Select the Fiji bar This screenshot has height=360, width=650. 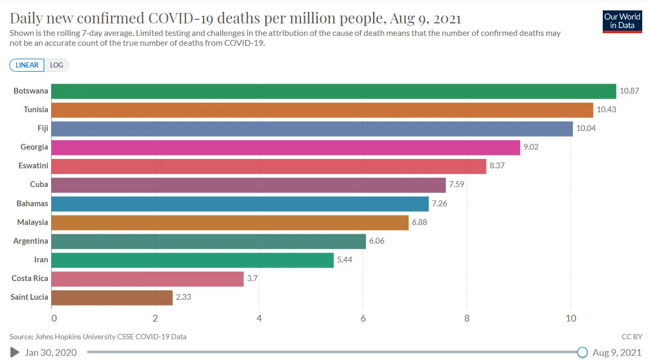pyautogui.click(x=312, y=129)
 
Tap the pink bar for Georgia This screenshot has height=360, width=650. pyautogui.click(x=286, y=148)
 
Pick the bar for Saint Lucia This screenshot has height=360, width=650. pyautogui.click(x=112, y=298)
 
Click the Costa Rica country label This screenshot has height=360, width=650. pyautogui.click(x=30, y=278)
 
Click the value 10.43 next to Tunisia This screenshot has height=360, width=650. pyautogui.click(x=606, y=110)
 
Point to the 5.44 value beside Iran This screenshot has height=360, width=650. pyautogui.click(x=344, y=260)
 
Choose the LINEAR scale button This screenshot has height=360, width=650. pyautogui.click(x=27, y=65)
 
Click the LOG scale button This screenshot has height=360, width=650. pyautogui.click(x=57, y=65)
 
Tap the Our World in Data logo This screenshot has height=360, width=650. pyautogui.click(x=622, y=21)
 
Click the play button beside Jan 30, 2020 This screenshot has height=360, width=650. pyautogui.click(x=15, y=353)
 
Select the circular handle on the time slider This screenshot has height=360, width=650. pyautogui.click(x=583, y=353)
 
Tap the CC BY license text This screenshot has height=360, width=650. pyautogui.click(x=631, y=337)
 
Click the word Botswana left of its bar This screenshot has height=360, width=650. pyautogui.click(x=31, y=91)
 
